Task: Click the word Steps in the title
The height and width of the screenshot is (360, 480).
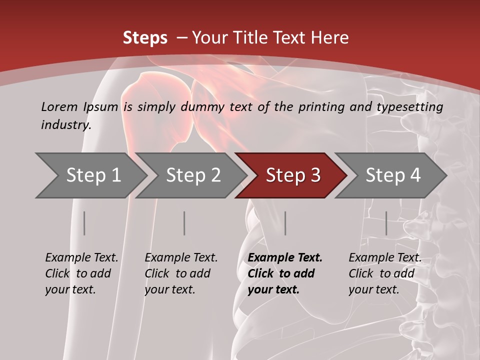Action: (x=145, y=38)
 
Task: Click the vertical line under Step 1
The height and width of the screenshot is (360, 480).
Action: (x=84, y=223)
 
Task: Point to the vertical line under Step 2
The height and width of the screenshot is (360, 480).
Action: (x=184, y=223)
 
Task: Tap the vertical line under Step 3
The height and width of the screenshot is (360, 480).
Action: (x=285, y=223)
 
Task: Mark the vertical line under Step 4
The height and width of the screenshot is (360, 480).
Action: (x=386, y=223)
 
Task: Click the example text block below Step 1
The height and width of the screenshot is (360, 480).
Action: (x=81, y=273)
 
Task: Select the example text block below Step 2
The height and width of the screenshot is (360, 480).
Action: (x=181, y=273)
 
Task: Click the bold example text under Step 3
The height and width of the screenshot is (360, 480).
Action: (x=285, y=273)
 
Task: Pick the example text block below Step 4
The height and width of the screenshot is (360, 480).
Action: (x=385, y=273)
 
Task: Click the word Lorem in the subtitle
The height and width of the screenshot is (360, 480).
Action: (x=59, y=107)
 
